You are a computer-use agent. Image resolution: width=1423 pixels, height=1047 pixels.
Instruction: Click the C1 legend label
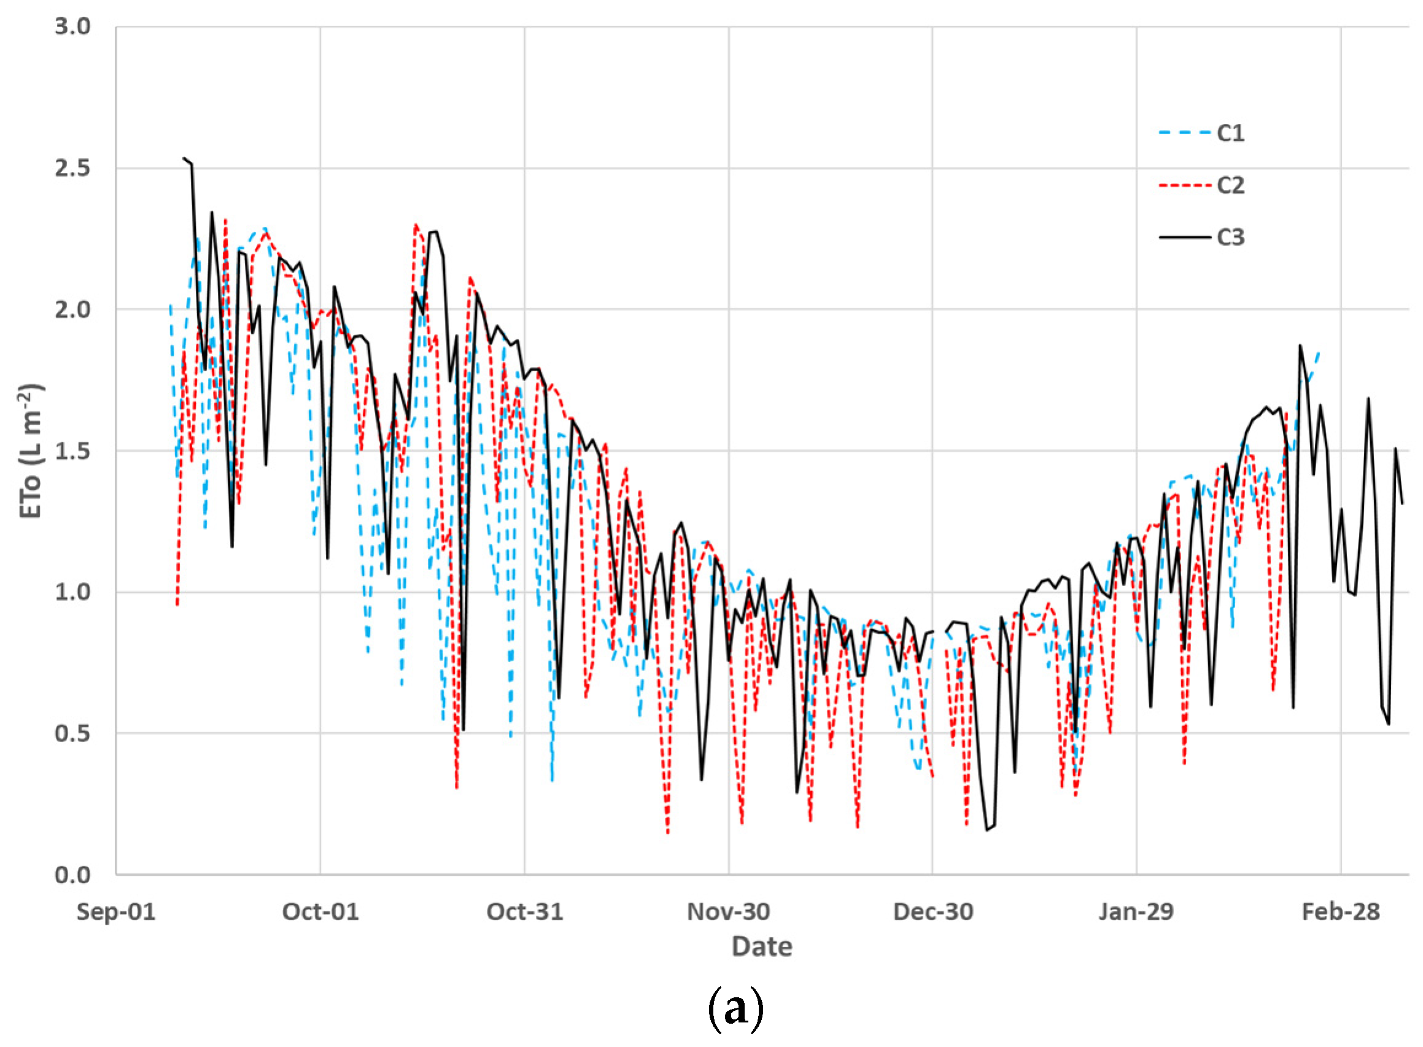1230,133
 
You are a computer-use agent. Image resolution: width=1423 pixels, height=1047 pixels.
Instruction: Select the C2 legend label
1230,185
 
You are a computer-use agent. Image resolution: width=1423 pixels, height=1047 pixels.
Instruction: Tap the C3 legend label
1230,237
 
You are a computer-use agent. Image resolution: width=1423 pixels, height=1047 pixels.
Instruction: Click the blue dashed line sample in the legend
1184,133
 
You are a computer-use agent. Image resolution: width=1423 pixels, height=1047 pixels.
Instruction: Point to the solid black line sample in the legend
1184,237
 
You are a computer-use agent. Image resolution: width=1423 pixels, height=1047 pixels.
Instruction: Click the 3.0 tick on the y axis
72,26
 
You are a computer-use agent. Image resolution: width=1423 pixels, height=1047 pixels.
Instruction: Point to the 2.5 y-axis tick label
72,168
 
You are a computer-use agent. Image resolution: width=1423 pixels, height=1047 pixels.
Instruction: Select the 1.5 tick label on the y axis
72,450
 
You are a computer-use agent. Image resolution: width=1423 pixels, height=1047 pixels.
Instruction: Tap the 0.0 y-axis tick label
72,875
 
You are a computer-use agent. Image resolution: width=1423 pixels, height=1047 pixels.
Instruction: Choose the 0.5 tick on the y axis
72,733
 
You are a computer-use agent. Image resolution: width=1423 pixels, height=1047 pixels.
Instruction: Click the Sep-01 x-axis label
116,912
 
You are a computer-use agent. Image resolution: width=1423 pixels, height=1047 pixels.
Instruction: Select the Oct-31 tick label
524,912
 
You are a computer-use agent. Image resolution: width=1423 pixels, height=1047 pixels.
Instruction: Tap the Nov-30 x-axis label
728,912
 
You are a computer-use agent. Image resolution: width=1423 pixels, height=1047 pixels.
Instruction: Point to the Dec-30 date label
933,912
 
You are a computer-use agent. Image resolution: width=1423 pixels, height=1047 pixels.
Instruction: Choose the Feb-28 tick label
1341,912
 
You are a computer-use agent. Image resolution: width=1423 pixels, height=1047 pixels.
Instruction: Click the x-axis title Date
762,947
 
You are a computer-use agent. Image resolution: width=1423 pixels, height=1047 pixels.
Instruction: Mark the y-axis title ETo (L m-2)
31,450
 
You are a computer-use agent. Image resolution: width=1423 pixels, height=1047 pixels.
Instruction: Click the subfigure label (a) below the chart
735,1008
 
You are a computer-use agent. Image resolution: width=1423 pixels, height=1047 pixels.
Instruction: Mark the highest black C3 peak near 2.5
184,158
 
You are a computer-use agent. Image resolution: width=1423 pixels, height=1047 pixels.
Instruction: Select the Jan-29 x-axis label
1136,912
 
